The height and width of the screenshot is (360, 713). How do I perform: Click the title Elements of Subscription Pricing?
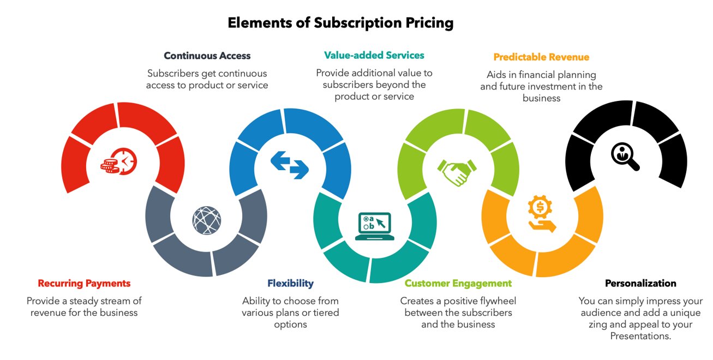click(340, 23)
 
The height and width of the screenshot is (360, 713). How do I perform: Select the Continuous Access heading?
click(207, 56)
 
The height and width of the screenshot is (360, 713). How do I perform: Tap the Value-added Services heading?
click(374, 55)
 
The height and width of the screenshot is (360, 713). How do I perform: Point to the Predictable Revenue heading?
click(541, 57)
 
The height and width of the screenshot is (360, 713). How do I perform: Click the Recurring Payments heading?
click(84, 283)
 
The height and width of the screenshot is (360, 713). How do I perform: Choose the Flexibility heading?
click(290, 283)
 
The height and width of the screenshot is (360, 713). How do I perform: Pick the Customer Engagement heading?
click(458, 283)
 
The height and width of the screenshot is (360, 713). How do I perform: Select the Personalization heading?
click(640, 283)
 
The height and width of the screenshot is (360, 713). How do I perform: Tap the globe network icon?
click(207, 220)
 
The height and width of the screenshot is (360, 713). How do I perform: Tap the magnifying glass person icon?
click(625, 157)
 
